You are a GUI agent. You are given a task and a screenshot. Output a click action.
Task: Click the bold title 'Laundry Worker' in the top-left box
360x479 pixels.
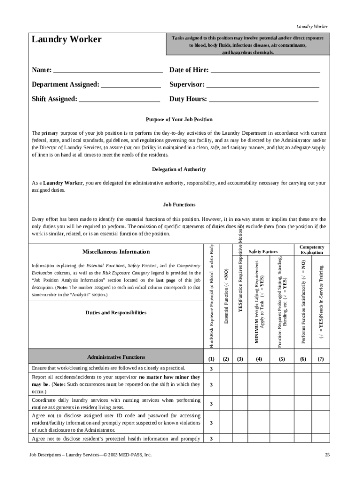pyautogui.click(x=66, y=40)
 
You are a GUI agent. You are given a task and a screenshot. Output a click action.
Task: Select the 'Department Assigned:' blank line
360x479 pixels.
pyautogui.click(x=131, y=86)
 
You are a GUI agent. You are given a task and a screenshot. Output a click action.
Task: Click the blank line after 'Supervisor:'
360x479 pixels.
pyautogui.click(x=263, y=86)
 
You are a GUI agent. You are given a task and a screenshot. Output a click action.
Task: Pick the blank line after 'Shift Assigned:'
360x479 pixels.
pyautogui.click(x=120, y=100)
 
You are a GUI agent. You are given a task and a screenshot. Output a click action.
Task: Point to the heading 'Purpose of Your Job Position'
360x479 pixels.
pyautogui.click(x=179, y=120)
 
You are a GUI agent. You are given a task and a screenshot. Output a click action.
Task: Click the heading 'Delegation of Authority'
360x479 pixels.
pyautogui.click(x=179, y=169)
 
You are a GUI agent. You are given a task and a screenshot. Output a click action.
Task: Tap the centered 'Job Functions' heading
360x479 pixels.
pyautogui.click(x=179, y=205)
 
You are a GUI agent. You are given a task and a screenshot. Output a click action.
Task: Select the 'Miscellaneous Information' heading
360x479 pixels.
pyautogui.click(x=116, y=252)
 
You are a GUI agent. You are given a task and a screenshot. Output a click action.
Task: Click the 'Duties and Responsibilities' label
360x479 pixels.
pyautogui.click(x=116, y=312)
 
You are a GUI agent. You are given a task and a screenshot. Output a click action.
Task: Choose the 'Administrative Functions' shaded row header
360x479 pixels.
pyautogui.click(x=116, y=357)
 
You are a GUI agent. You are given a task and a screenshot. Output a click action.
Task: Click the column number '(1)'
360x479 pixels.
pyautogui.click(x=211, y=359)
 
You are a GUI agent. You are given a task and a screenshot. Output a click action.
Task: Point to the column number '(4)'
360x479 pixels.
pyautogui.click(x=259, y=359)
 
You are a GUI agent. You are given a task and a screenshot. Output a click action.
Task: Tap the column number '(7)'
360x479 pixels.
pyautogui.click(x=321, y=359)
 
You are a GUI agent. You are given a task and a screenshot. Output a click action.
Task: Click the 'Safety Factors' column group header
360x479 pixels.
pyautogui.click(x=263, y=252)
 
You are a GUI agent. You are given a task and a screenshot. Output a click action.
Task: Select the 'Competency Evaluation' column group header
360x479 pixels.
pyautogui.click(x=312, y=249)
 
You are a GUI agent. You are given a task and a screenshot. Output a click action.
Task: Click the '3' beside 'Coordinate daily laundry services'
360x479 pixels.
pyautogui.click(x=211, y=403)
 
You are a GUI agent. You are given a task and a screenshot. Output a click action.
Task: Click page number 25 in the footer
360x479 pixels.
pyautogui.click(x=327, y=455)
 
